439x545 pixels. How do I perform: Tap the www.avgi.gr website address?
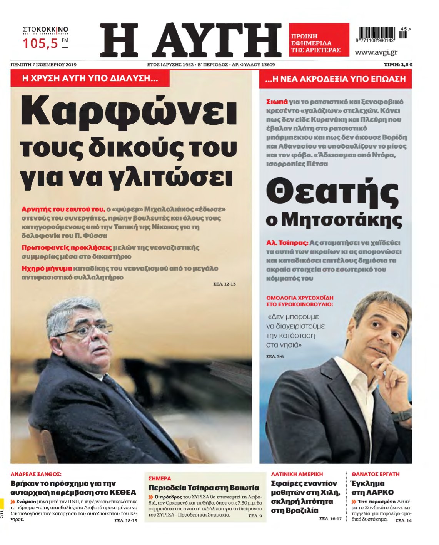[376, 52]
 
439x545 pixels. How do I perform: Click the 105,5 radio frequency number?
[40, 43]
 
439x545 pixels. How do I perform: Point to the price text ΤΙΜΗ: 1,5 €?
[398, 65]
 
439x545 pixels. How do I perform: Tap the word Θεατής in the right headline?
[332, 193]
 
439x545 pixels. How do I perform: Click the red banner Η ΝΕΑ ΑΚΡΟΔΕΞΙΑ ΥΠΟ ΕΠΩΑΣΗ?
[335, 79]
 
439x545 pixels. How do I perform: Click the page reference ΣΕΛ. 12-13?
[224, 284]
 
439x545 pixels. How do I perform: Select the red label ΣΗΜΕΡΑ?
[160, 478]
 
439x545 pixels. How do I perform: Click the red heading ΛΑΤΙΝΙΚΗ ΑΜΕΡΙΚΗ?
[297, 474]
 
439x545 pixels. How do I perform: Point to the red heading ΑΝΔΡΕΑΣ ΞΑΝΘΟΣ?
[36, 474]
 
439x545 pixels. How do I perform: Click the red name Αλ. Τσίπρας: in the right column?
[287, 243]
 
